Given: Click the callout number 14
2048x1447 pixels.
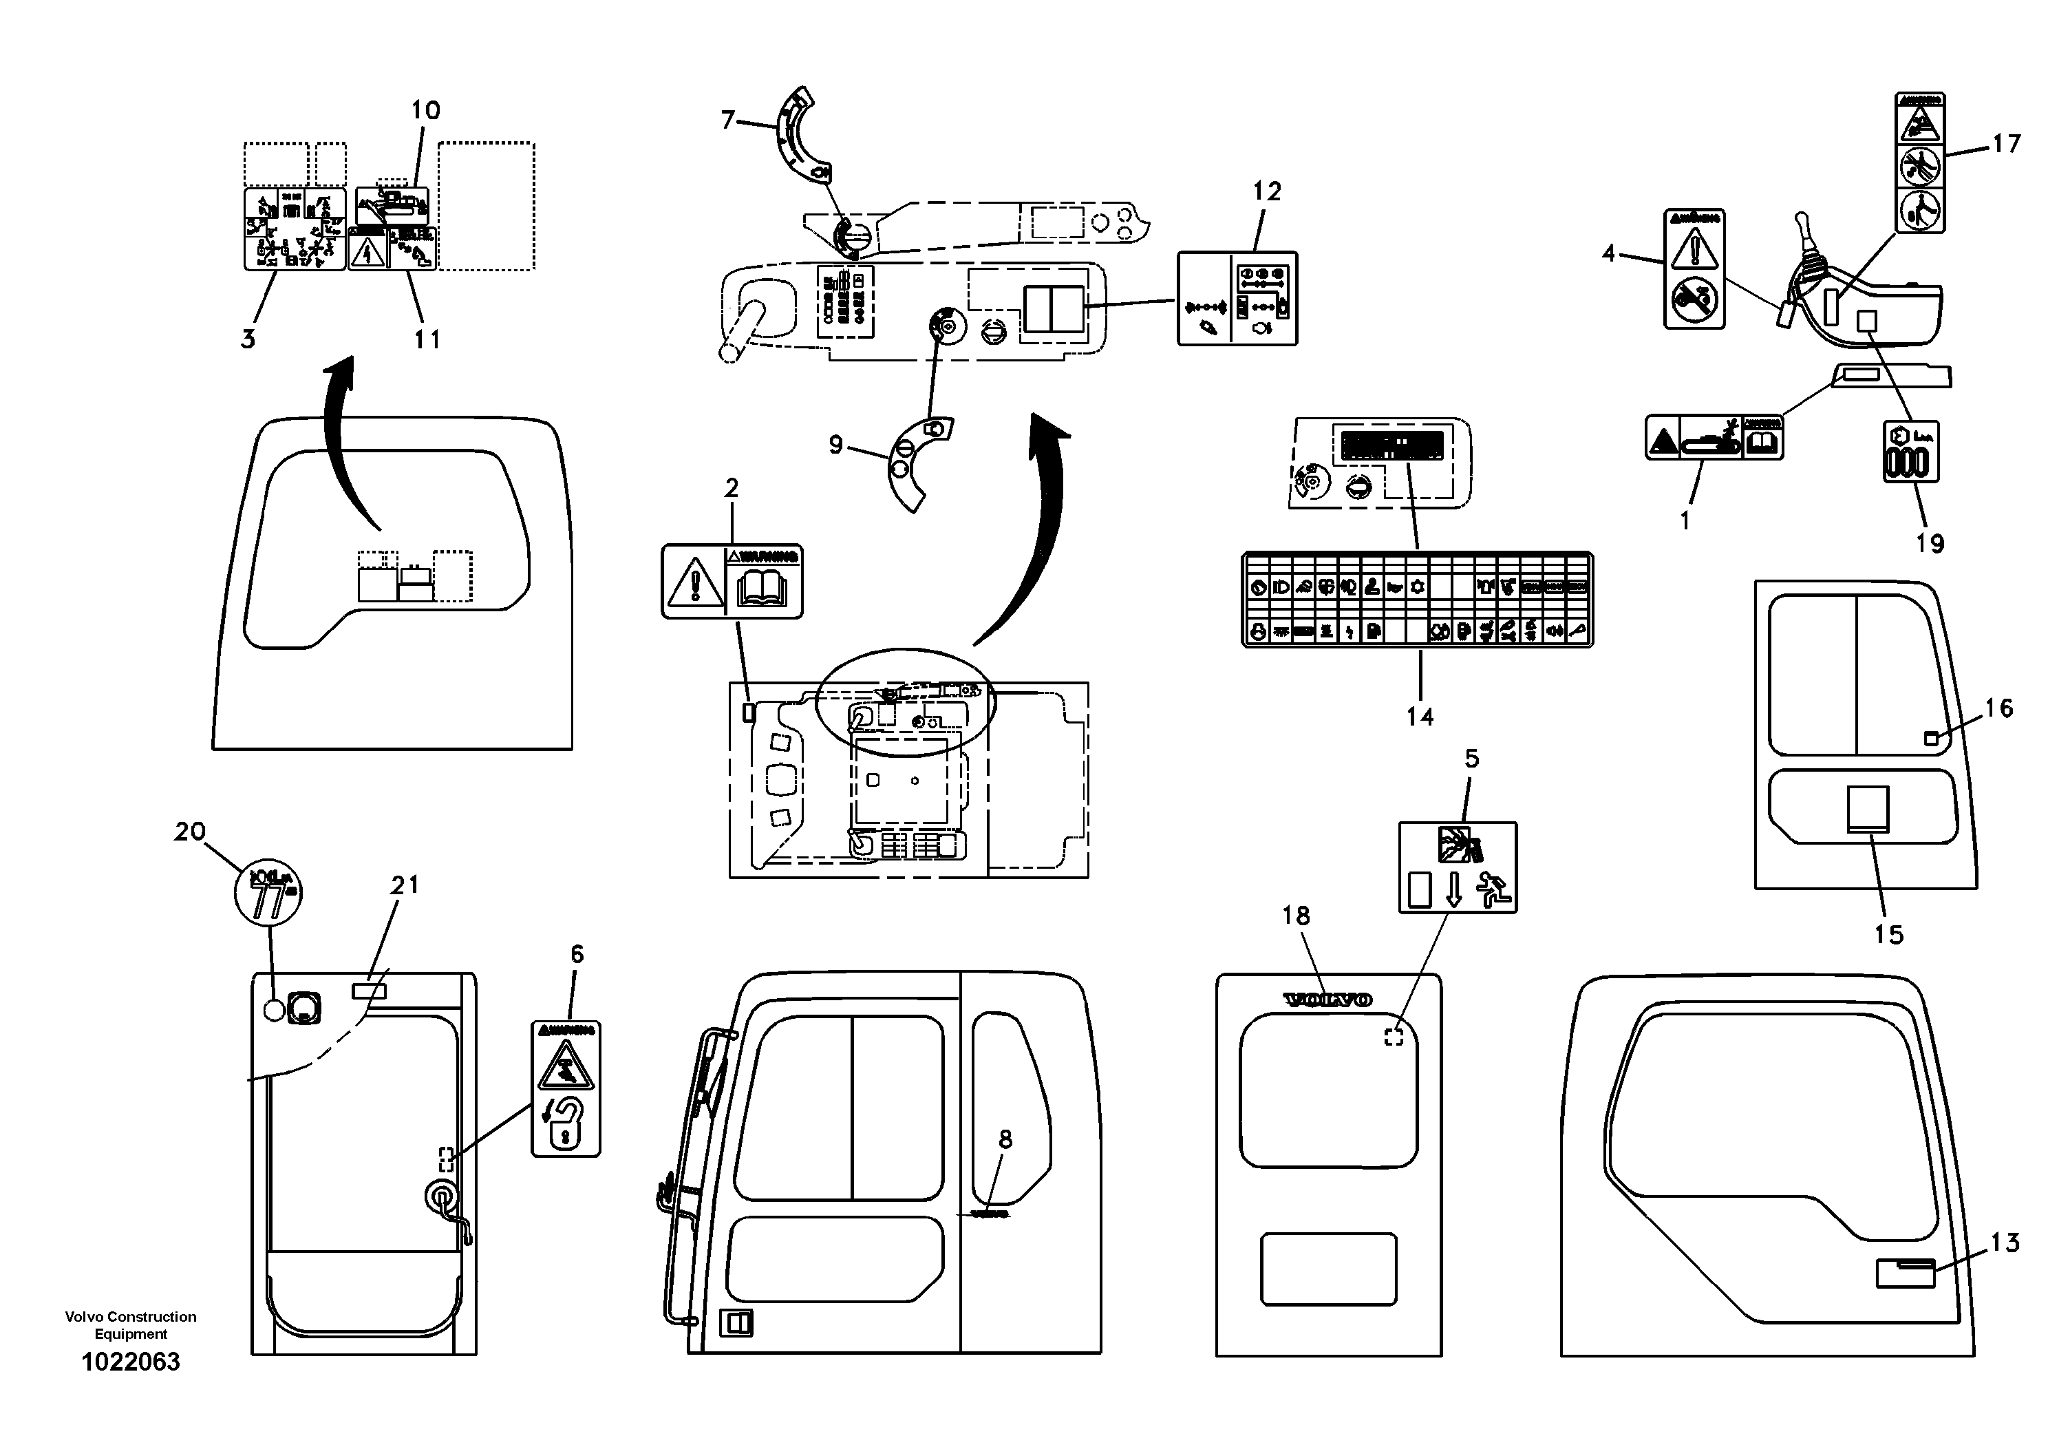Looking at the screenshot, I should pos(1419,717).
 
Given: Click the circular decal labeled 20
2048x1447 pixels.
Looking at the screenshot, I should pos(268,892).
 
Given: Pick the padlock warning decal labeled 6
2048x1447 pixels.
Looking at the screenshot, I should pos(566,1089).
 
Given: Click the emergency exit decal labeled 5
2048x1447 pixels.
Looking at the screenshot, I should pos(1458,867).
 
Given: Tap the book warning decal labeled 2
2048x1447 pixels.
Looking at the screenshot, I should pos(732,582).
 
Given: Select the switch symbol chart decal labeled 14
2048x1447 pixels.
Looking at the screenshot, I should pos(1418,599).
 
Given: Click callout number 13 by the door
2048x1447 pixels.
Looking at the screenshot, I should pos(2004,1243).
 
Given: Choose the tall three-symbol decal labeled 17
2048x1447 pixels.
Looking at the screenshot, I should pos(1919,163).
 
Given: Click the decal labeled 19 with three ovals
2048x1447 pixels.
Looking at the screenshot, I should pos(1910,452).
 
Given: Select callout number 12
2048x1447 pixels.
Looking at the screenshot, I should pos(1267,191).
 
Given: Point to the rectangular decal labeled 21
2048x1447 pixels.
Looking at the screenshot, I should pos(370,989).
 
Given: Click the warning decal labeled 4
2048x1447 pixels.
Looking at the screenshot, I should pos(1694,268).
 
